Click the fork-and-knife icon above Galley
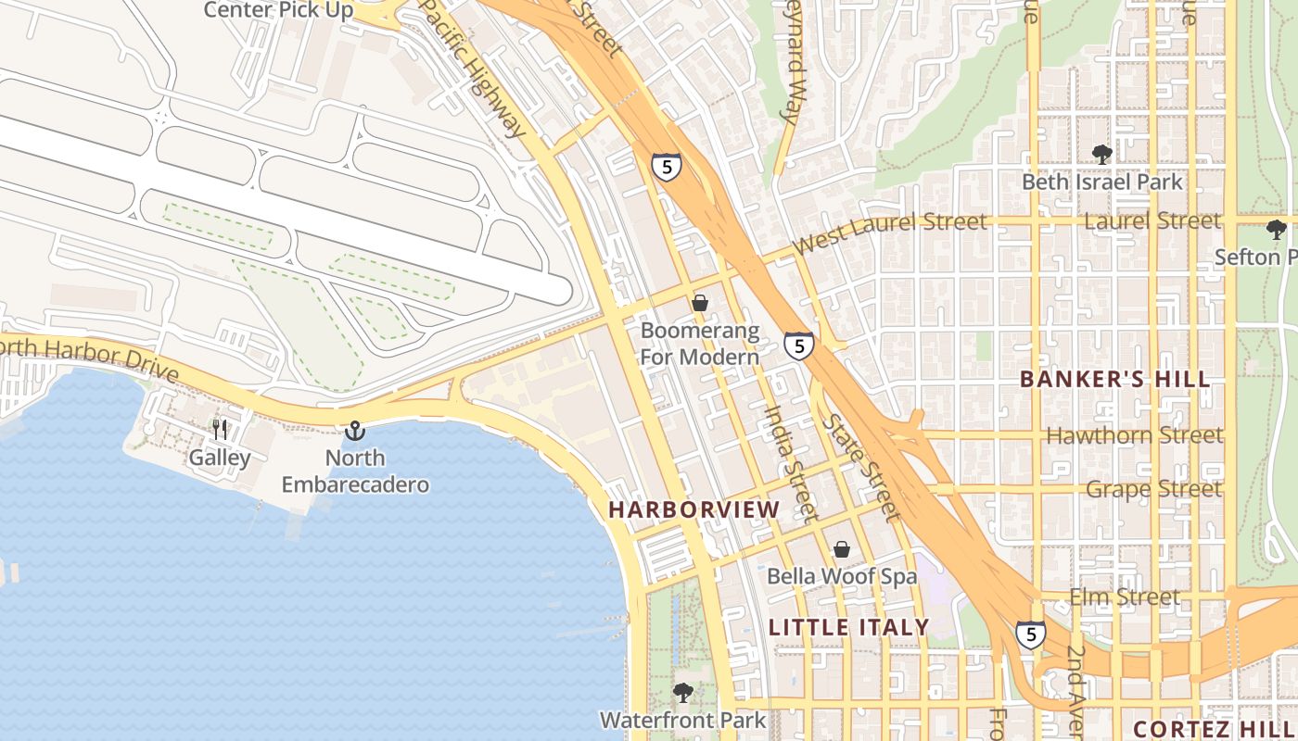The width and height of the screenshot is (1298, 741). [x=220, y=430]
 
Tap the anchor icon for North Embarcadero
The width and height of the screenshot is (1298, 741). [x=354, y=431]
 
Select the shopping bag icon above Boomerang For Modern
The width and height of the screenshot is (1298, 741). [x=700, y=303]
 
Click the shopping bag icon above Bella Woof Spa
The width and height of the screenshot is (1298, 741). [x=841, y=549]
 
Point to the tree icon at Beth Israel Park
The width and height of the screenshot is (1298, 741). [x=1101, y=154]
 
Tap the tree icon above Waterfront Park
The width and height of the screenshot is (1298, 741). [x=683, y=692]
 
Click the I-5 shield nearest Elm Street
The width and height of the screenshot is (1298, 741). [x=1030, y=634]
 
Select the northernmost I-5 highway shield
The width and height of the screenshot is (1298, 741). [x=666, y=167]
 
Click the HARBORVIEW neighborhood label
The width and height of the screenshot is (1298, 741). [x=694, y=510]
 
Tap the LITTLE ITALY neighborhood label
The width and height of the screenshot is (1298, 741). [x=849, y=627]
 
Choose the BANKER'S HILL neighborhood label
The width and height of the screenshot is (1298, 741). [x=1115, y=379]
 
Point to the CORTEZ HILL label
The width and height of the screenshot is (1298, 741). [x=1215, y=728]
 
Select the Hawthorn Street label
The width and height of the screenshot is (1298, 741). [x=1134, y=434]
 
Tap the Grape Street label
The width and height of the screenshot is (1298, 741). [x=1153, y=488]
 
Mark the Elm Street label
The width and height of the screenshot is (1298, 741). [x=1125, y=597]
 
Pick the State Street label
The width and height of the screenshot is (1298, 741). [x=861, y=468]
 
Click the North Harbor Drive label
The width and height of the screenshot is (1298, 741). [x=88, y=359]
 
